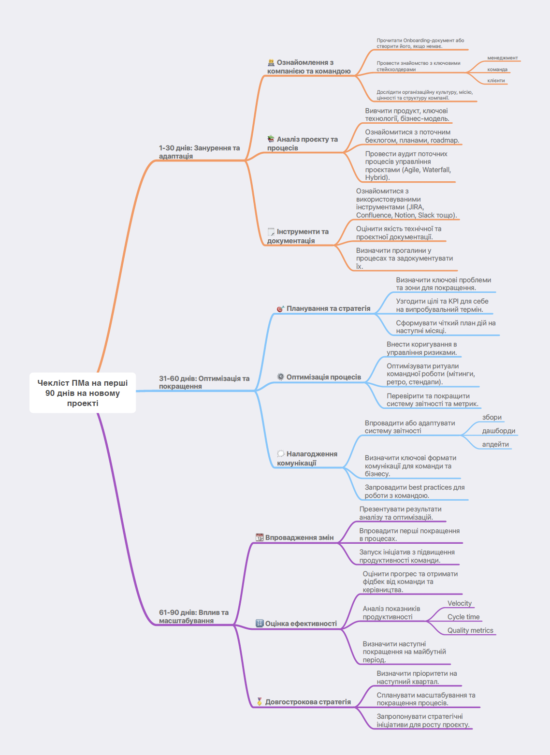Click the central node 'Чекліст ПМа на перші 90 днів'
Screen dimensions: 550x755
pyautogui.click(x=83, y=392)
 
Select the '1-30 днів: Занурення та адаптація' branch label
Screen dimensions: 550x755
pyautogui.click(x=200, y=152)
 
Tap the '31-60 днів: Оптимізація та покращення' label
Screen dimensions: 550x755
pyautogui.click(x=204, y=382)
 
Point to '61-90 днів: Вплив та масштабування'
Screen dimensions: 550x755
pyautogui.click(x=194, y=616)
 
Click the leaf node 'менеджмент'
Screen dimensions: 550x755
pyautogui.click(x=503, y=58)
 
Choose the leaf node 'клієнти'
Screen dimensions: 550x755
pyautogui.click(x=496, y=81)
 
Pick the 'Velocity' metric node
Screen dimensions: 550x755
pyautogui.click(x=459, y=603)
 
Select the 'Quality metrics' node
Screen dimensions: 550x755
pyautogui.click(x=470, y=630)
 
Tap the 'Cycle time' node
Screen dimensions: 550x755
pyautogui.click(x=463, y=617)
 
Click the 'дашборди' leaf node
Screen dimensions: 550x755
pyautogui.click(x=498, y=431)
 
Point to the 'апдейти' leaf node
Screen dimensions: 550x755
pyautogui.click(x=495, y=444)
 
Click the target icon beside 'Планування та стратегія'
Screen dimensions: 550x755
pyautogui.click(x=281, y=309)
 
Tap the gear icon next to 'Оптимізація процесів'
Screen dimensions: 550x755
pyautogui.click(x=281, y=377)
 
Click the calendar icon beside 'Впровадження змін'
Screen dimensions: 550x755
pyautogui.click(x=260, y=537)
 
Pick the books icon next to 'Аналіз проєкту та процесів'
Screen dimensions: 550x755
pyautogui.click(x=271, y=139)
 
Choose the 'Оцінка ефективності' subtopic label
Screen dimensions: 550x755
pyautogui.click(x=301, y=624)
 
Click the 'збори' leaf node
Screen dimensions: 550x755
pyautogui.click(x=492, y=417)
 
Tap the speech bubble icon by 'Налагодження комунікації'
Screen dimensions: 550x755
pyautogui.click(x=281, y=454)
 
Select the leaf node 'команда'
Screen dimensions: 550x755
pyautogui.click(x=497, y=70)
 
